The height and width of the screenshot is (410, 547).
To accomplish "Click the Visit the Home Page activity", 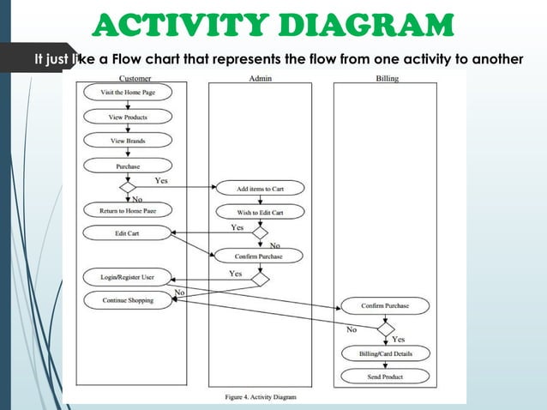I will pyautogui.click(x=128, y=92).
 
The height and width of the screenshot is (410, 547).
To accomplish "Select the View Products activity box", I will pyautogui.click(x=128, y=117).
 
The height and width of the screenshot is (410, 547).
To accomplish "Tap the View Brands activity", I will pyautogui.click(x=128, y=141).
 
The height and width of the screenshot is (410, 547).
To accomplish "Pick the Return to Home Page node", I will pyautogui.click(x=128, y=209).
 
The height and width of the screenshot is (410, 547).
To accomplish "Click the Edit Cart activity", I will pyautogui.click(x=127, y=232).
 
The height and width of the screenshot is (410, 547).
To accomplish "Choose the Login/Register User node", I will pyautogui.click(x=128, y=277).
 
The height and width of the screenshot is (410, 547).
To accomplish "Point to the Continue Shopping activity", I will pyautogui.click(x=128, y=300).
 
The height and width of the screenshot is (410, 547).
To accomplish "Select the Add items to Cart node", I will pyautogui.click(x=259, y=188).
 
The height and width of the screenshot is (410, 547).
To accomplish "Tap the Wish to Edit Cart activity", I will pyautogui.click(x=259, y=211).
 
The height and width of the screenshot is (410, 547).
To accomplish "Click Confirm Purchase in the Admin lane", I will pyautogui.click(x=259, y=256).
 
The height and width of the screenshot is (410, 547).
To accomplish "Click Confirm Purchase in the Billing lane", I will pyautogui.click(x=385, y=306).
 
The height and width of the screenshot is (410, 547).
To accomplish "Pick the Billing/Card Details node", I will pyautogui.click(x=385, y=353).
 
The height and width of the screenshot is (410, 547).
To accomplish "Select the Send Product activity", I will pyautogui.click(x=385, y=376).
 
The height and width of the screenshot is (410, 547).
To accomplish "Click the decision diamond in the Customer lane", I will pyautogui.click(x=128, y=187).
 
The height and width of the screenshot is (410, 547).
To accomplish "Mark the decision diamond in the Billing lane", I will pyautogui.click(x=386, y=329).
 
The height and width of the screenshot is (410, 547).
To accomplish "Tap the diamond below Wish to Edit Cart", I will pyautogui.click(x=259, y=232).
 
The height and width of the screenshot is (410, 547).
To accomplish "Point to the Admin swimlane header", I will pyautogui.click(x=260, y=78).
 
